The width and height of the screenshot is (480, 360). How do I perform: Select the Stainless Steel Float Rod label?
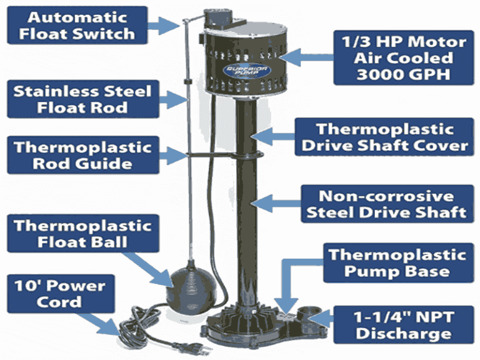tap(82, 99)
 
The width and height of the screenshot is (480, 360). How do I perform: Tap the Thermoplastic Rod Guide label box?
tap(82, 156)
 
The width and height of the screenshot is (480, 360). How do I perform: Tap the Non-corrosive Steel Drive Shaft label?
tap(385, 203)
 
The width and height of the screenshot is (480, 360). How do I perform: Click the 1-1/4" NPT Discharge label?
tap(400, 323)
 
